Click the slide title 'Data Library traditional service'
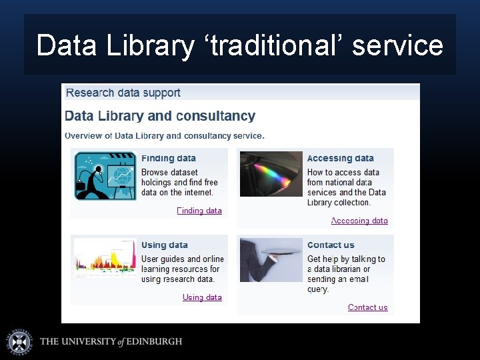(239, 45)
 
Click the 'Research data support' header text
(123, 93)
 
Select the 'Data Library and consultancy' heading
(160, 116)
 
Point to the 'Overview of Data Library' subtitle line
(165, 135)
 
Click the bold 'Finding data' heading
(169, 159)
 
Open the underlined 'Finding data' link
(199, 211)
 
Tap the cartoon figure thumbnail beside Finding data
(105, 176)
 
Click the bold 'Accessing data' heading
(340, 159)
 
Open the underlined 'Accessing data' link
(359, 221)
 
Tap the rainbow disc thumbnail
(271, 174)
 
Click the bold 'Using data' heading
(165, 245)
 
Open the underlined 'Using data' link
(202, 297)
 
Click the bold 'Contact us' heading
(331, 245)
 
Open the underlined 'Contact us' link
(367, 307)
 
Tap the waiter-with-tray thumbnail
(271, 260)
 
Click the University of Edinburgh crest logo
(19, 341)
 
